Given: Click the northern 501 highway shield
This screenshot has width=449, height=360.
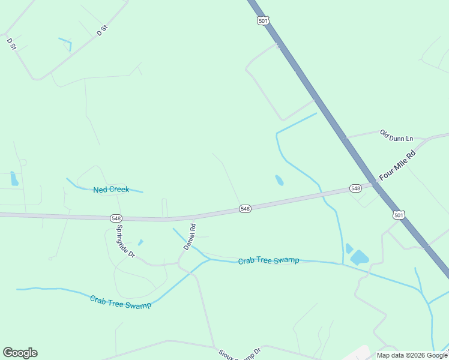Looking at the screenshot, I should coord(262,20).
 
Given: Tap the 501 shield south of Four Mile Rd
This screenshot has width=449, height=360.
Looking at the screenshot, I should coord(399,214).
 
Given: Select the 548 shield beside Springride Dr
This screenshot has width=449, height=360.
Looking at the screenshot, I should coord(116,218).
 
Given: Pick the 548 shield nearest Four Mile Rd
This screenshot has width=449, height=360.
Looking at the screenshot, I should coord(356,188).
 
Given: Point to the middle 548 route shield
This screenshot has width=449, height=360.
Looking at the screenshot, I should coord(245,208).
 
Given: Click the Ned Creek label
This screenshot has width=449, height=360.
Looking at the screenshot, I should coord(111,190).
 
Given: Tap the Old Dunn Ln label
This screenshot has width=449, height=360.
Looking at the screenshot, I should coord(397,136).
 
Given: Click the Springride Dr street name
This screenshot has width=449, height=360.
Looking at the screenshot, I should coord(125,241).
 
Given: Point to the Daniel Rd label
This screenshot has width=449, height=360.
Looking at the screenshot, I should coord(190,237).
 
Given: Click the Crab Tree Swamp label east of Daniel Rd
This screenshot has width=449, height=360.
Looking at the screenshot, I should coord(268,260).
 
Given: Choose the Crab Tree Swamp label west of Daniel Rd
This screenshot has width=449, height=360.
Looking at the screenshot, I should coord(120,301).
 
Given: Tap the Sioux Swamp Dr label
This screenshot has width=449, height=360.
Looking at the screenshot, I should coord(240,354).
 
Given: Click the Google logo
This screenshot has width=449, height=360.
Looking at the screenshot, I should coord(20,353).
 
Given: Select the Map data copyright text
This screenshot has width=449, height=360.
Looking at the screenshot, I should coord(412,355).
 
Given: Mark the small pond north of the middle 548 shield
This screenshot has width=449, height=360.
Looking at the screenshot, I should coord(279,180).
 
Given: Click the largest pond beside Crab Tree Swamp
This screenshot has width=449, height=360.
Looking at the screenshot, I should coord(360,258).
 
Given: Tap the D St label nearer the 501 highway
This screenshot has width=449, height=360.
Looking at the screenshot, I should coord(101,31).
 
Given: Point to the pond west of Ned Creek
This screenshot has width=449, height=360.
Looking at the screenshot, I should coord(14,178).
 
